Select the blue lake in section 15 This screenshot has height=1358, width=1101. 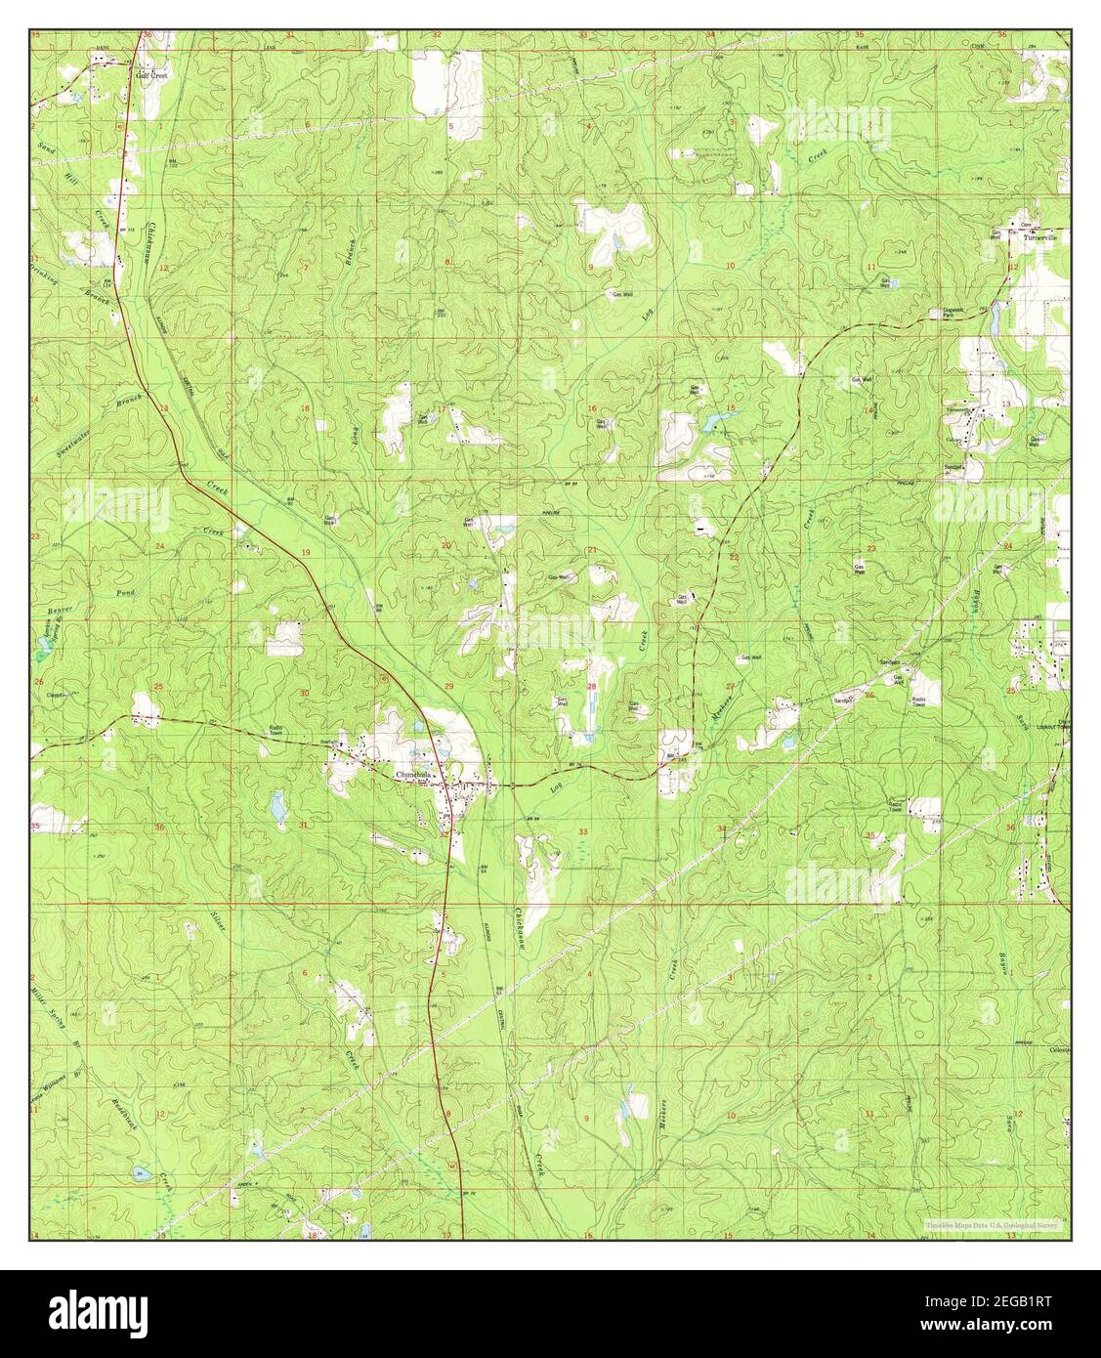tap(718, 422)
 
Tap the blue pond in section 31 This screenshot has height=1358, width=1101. tap(277, 807)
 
